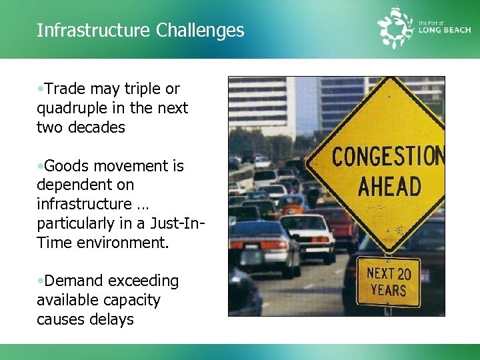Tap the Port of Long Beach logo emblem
pyautogui.click(x=396, y=27)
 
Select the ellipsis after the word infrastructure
pyautogui.click(x=141, y=204)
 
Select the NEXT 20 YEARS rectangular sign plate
pyautogui.click(x=387, y=282)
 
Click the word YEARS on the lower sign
pyautogui.click(x=388, y=291)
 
